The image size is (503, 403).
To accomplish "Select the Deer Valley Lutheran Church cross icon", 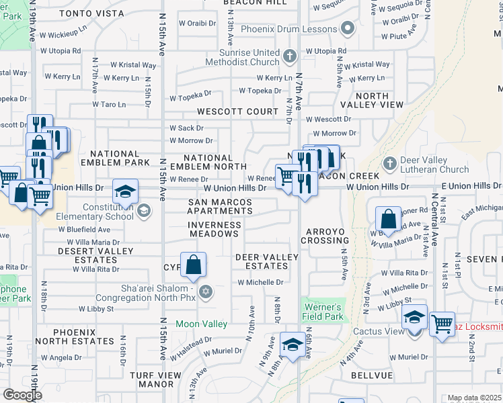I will [x=389, y=163].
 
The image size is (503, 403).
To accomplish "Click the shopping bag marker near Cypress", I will [x=193, y=265].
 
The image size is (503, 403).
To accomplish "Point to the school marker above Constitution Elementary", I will [x=124, y=193].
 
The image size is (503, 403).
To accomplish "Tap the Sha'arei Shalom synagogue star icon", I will [x=206, y=292].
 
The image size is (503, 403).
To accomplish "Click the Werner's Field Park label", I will [x=323, y=310].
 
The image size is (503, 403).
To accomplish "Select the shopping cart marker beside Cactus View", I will [x=442, y=325].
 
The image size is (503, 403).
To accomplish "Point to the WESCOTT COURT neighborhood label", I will [x=237, y=111].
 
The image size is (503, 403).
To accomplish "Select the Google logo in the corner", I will [x=23, y=394].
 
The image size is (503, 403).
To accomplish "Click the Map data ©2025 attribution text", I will [x=475, y=398].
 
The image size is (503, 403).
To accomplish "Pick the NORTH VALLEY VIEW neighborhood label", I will [x=372, y=100].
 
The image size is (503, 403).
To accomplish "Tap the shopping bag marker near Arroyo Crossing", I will [x=388, y=219].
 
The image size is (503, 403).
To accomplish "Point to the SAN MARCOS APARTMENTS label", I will [x=220, y=206].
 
